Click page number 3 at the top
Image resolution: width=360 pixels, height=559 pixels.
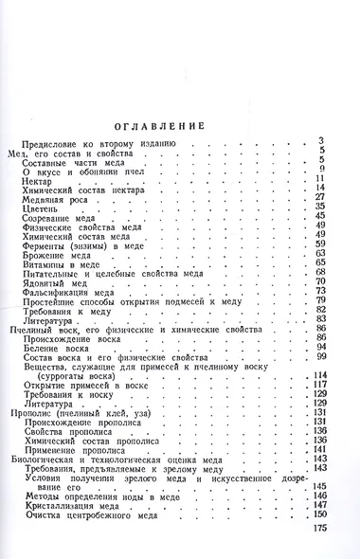click(322, 141)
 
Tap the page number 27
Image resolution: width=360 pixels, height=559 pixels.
click(320, 196)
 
